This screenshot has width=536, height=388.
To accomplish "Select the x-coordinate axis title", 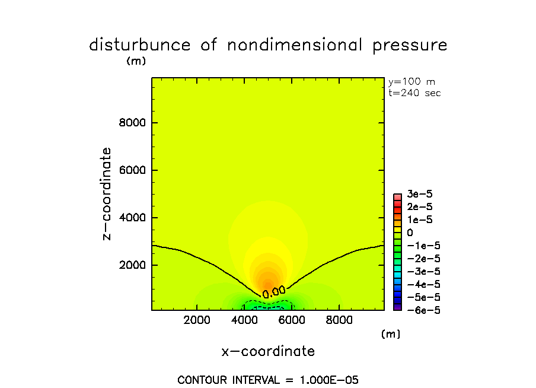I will point(268,351).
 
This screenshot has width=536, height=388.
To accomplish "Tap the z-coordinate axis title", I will point(107,193).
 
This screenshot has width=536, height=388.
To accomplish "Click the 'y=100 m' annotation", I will point(411,82).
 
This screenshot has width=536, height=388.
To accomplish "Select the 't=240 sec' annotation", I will point(414,93).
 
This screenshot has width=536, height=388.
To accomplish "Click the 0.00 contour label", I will point(274,291).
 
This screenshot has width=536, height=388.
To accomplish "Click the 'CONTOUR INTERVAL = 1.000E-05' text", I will point(268,380).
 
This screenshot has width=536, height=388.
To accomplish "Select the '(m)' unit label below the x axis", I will point(390,334).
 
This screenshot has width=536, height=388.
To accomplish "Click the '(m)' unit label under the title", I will point(136,61).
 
